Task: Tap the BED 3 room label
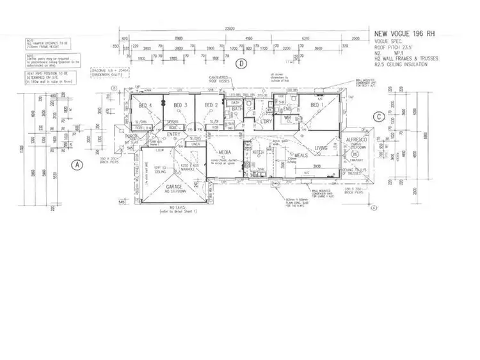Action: (x=181, y=104)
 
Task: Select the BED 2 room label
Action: (x=212, y=104)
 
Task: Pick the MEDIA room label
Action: (x=224, y=152)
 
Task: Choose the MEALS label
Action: (x=301, y=155)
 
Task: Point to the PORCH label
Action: (x=132, y=137)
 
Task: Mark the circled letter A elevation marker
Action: (x=77, y=164)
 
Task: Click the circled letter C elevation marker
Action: (x=380, y=117)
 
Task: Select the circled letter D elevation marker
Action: (x=241, y=63)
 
